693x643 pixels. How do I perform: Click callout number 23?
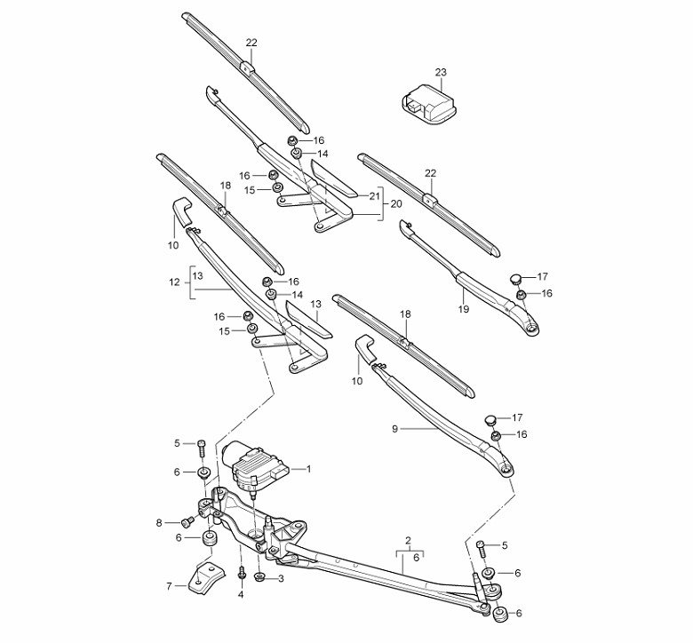441,72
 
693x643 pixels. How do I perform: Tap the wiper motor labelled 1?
255,466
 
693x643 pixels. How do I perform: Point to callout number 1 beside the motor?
308,468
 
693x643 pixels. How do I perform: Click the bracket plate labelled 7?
207,577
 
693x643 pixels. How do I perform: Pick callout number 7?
169,586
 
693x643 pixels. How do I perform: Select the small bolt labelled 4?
242,573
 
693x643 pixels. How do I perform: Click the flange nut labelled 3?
259,576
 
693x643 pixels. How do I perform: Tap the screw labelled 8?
188,522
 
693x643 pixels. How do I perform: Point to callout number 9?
394,428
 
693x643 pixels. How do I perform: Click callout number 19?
463,308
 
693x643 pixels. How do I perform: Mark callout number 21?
374,195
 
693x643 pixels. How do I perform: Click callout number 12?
174,282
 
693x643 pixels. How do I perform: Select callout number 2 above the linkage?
408,540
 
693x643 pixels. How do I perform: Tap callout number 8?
159,523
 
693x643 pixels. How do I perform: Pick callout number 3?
281,578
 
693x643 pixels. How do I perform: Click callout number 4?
241,594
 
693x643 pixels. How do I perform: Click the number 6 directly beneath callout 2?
416,558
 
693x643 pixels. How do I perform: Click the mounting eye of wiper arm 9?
506,469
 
